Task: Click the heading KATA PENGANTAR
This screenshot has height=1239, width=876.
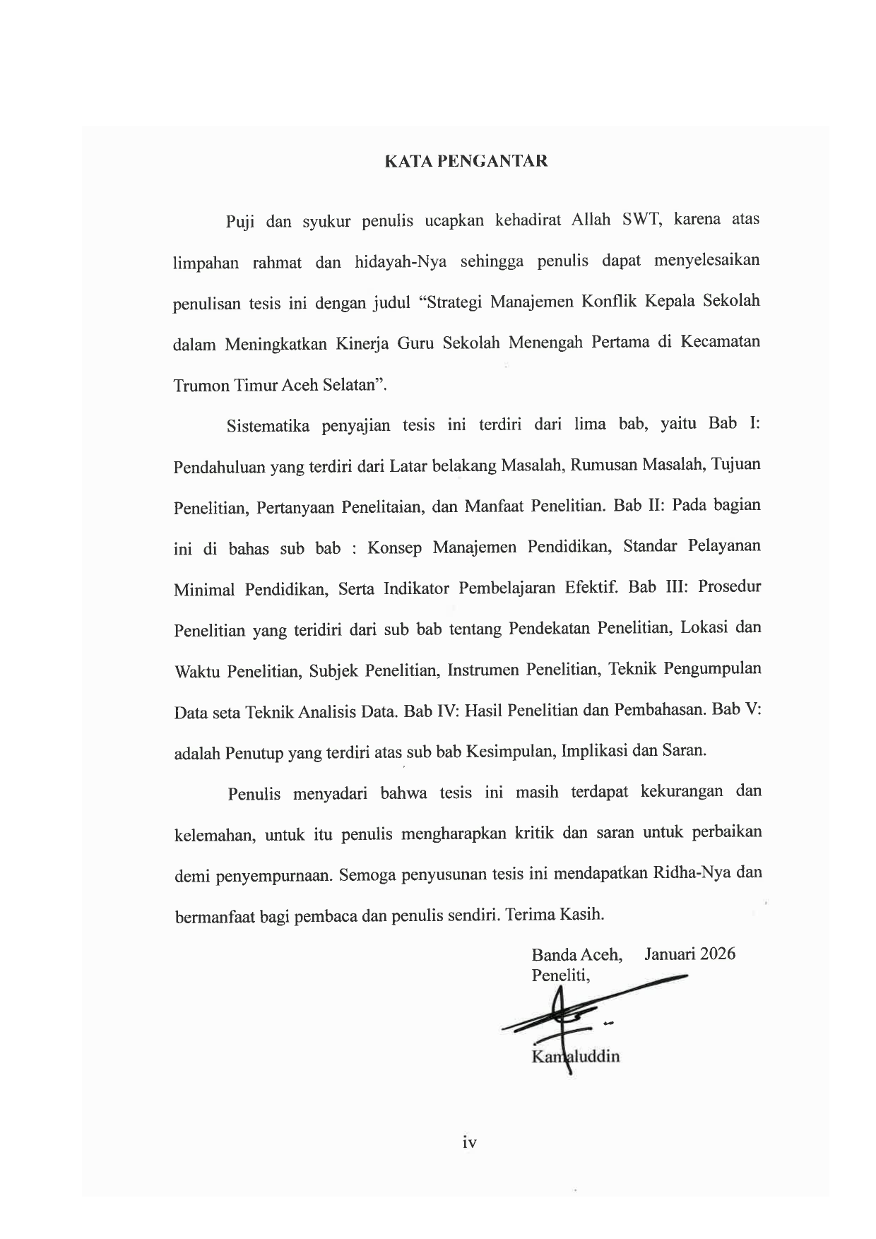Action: pos(466,161)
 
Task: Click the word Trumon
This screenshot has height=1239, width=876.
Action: pos(200,386)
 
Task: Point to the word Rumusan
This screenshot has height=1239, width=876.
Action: pos(600,466)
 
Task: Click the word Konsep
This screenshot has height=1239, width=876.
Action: pos(394,548)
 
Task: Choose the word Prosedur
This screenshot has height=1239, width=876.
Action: pos(730,587)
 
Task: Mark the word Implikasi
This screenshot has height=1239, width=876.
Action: pos(595,750)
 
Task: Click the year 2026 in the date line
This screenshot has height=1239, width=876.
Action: pos(714,954)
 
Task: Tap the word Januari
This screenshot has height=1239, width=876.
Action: pos(669,954)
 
